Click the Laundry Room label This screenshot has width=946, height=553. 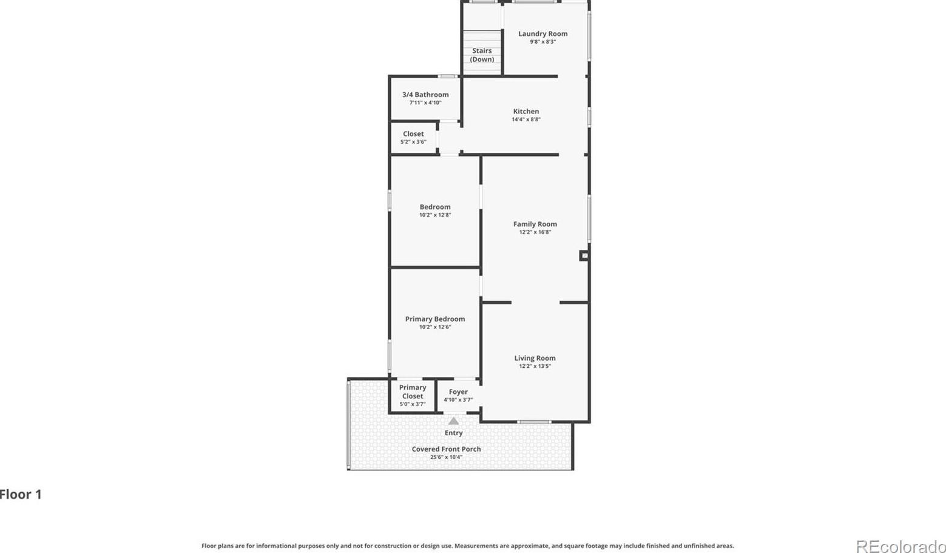tap(542, 34)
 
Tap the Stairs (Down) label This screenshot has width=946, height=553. tap(482, 55)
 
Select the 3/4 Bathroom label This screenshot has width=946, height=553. tap(425, 95)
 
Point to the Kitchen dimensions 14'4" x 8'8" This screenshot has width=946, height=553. tap(526, 119)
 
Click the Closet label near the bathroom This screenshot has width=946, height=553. tap(413, 134)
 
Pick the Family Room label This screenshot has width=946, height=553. tap(535, 225)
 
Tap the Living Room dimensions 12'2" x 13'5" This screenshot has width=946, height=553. tap(535, 366)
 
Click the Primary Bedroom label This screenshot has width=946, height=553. tap(435, 319)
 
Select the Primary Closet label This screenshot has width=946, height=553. tap(413, 392)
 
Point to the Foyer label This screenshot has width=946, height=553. tap(458, 392)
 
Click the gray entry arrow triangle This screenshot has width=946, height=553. tap(453, 421)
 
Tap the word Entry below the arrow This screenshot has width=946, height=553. tap(453, 433)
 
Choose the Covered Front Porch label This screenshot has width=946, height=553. tap(447, 449)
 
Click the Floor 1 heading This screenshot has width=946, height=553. tap(21, 495)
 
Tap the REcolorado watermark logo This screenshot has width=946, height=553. tap(901, 546)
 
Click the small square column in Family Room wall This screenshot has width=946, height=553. tap(584, 256)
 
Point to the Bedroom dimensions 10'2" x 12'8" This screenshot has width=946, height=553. tap(435, 215)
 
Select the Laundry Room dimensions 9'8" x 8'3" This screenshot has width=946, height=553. tap(542, 41)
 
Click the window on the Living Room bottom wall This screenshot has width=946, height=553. tap(534, 422)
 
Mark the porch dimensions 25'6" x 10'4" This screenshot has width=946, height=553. tap(447, 456)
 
